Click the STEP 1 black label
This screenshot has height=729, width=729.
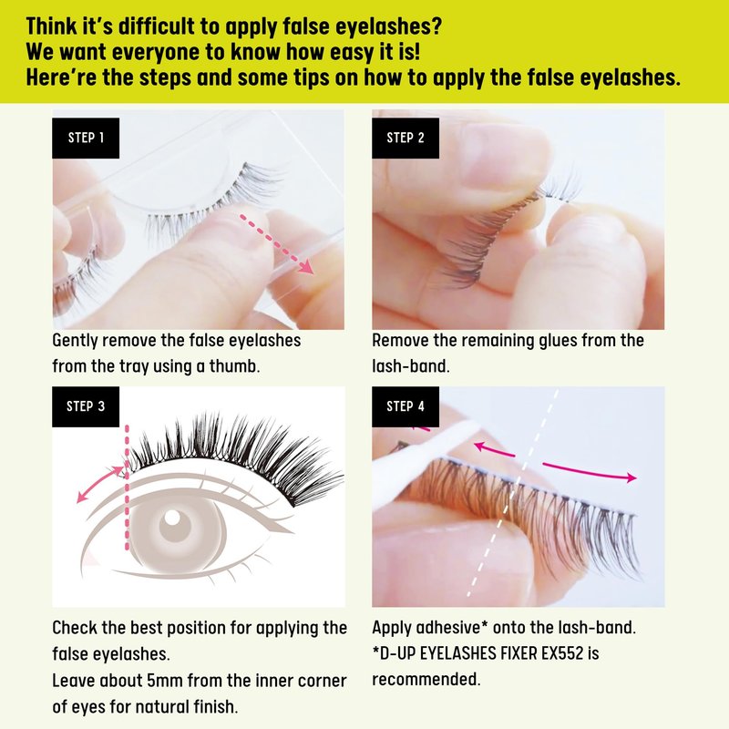(x=86, y=139)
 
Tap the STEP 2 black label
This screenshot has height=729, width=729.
(x=406, y=139)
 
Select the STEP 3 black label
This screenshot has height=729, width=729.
(x=86, y=406)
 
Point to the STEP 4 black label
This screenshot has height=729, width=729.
(x=406, y=406)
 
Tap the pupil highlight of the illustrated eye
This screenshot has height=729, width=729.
(x=172, y=517)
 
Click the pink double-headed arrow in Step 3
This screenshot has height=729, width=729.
(x=100, y=485)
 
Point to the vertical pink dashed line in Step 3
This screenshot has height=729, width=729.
(x=127, y=487)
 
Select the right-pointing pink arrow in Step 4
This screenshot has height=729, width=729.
(x=590, y=472)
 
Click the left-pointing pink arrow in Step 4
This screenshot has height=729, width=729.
(x=494, y=449)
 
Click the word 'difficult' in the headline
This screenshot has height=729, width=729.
(x=157, y=26)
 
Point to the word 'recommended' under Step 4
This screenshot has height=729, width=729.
(x=426, y=679)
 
